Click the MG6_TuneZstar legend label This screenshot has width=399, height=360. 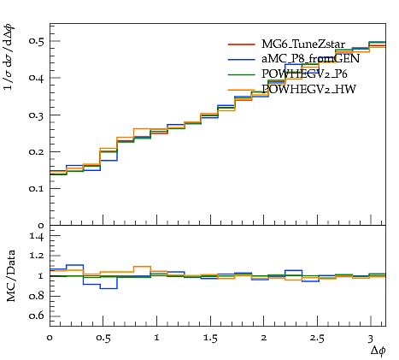tap(303, 44)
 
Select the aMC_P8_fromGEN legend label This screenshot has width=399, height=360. tap(310, 59)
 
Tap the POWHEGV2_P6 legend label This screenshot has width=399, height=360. tap(304, 74)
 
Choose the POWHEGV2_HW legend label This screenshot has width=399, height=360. tap(308, 90)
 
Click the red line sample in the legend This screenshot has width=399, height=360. tap(242, 44)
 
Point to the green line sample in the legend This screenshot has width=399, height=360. tap(242, 74)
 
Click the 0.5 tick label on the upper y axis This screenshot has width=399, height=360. tap(37, 41)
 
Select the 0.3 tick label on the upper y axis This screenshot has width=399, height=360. tap(37, 115)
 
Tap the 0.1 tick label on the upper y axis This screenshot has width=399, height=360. tap(37, 188)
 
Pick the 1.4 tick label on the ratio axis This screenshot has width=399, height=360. tap(37, 236)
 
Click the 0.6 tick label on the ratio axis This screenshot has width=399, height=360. tap(37, 316)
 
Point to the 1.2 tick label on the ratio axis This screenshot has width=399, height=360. tap(37, 255)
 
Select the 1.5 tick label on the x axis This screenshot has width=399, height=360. tap(210, 339)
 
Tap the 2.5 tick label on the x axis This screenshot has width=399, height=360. tap(317, 339)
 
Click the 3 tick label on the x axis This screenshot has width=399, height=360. tap(370, 339)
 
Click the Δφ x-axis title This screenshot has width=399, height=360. tap(378, 351)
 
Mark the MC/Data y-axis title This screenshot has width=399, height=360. tap(11, 275)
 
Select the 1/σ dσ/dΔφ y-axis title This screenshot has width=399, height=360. tap(9, 57)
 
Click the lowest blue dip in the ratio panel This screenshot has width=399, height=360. tap(109, 288)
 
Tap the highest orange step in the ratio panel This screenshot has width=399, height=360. tap(142, 267)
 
